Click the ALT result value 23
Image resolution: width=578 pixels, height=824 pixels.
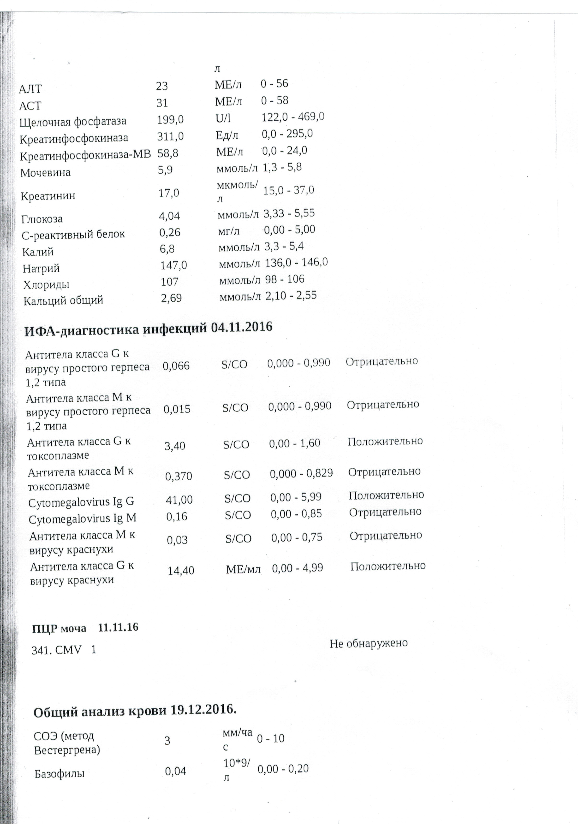pos(162,86)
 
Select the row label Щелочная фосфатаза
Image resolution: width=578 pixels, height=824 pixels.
pos(73,122)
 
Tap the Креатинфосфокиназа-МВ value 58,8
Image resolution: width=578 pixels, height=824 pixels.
pos(168,154)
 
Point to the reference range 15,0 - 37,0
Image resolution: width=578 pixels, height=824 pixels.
pos(289,190)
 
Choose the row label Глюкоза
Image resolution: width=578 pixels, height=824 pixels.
pos(42,219)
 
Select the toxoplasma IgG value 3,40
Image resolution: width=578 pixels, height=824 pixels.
pos(175,446)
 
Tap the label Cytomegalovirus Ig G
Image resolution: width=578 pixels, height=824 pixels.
pos(81,502)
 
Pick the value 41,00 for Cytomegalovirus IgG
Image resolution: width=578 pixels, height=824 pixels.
pos(179,500)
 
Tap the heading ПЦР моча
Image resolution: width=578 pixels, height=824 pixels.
pos(59,629)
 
